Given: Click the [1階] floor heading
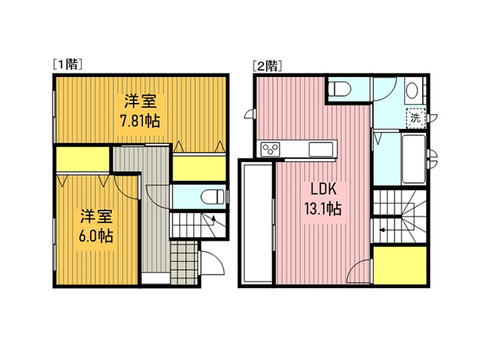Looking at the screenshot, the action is (67, 64).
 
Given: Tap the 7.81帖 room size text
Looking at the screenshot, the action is (140, 121).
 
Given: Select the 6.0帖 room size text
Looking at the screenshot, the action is (96, 236).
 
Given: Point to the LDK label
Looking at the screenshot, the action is (323, 189).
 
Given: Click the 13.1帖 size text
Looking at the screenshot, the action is (322, 208).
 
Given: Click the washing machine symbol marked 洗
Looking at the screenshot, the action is (415, 118).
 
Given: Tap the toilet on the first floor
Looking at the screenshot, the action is (213, 196).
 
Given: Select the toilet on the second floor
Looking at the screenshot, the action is (339, 88).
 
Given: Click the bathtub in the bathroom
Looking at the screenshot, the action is (413, 158).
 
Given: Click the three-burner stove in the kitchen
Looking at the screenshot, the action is (270, 149).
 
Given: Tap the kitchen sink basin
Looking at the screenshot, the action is (321, 149).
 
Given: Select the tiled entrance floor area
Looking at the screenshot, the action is (184, 263).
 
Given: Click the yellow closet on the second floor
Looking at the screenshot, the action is (400, 265).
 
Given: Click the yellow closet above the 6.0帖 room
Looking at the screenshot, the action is (82, 159).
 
